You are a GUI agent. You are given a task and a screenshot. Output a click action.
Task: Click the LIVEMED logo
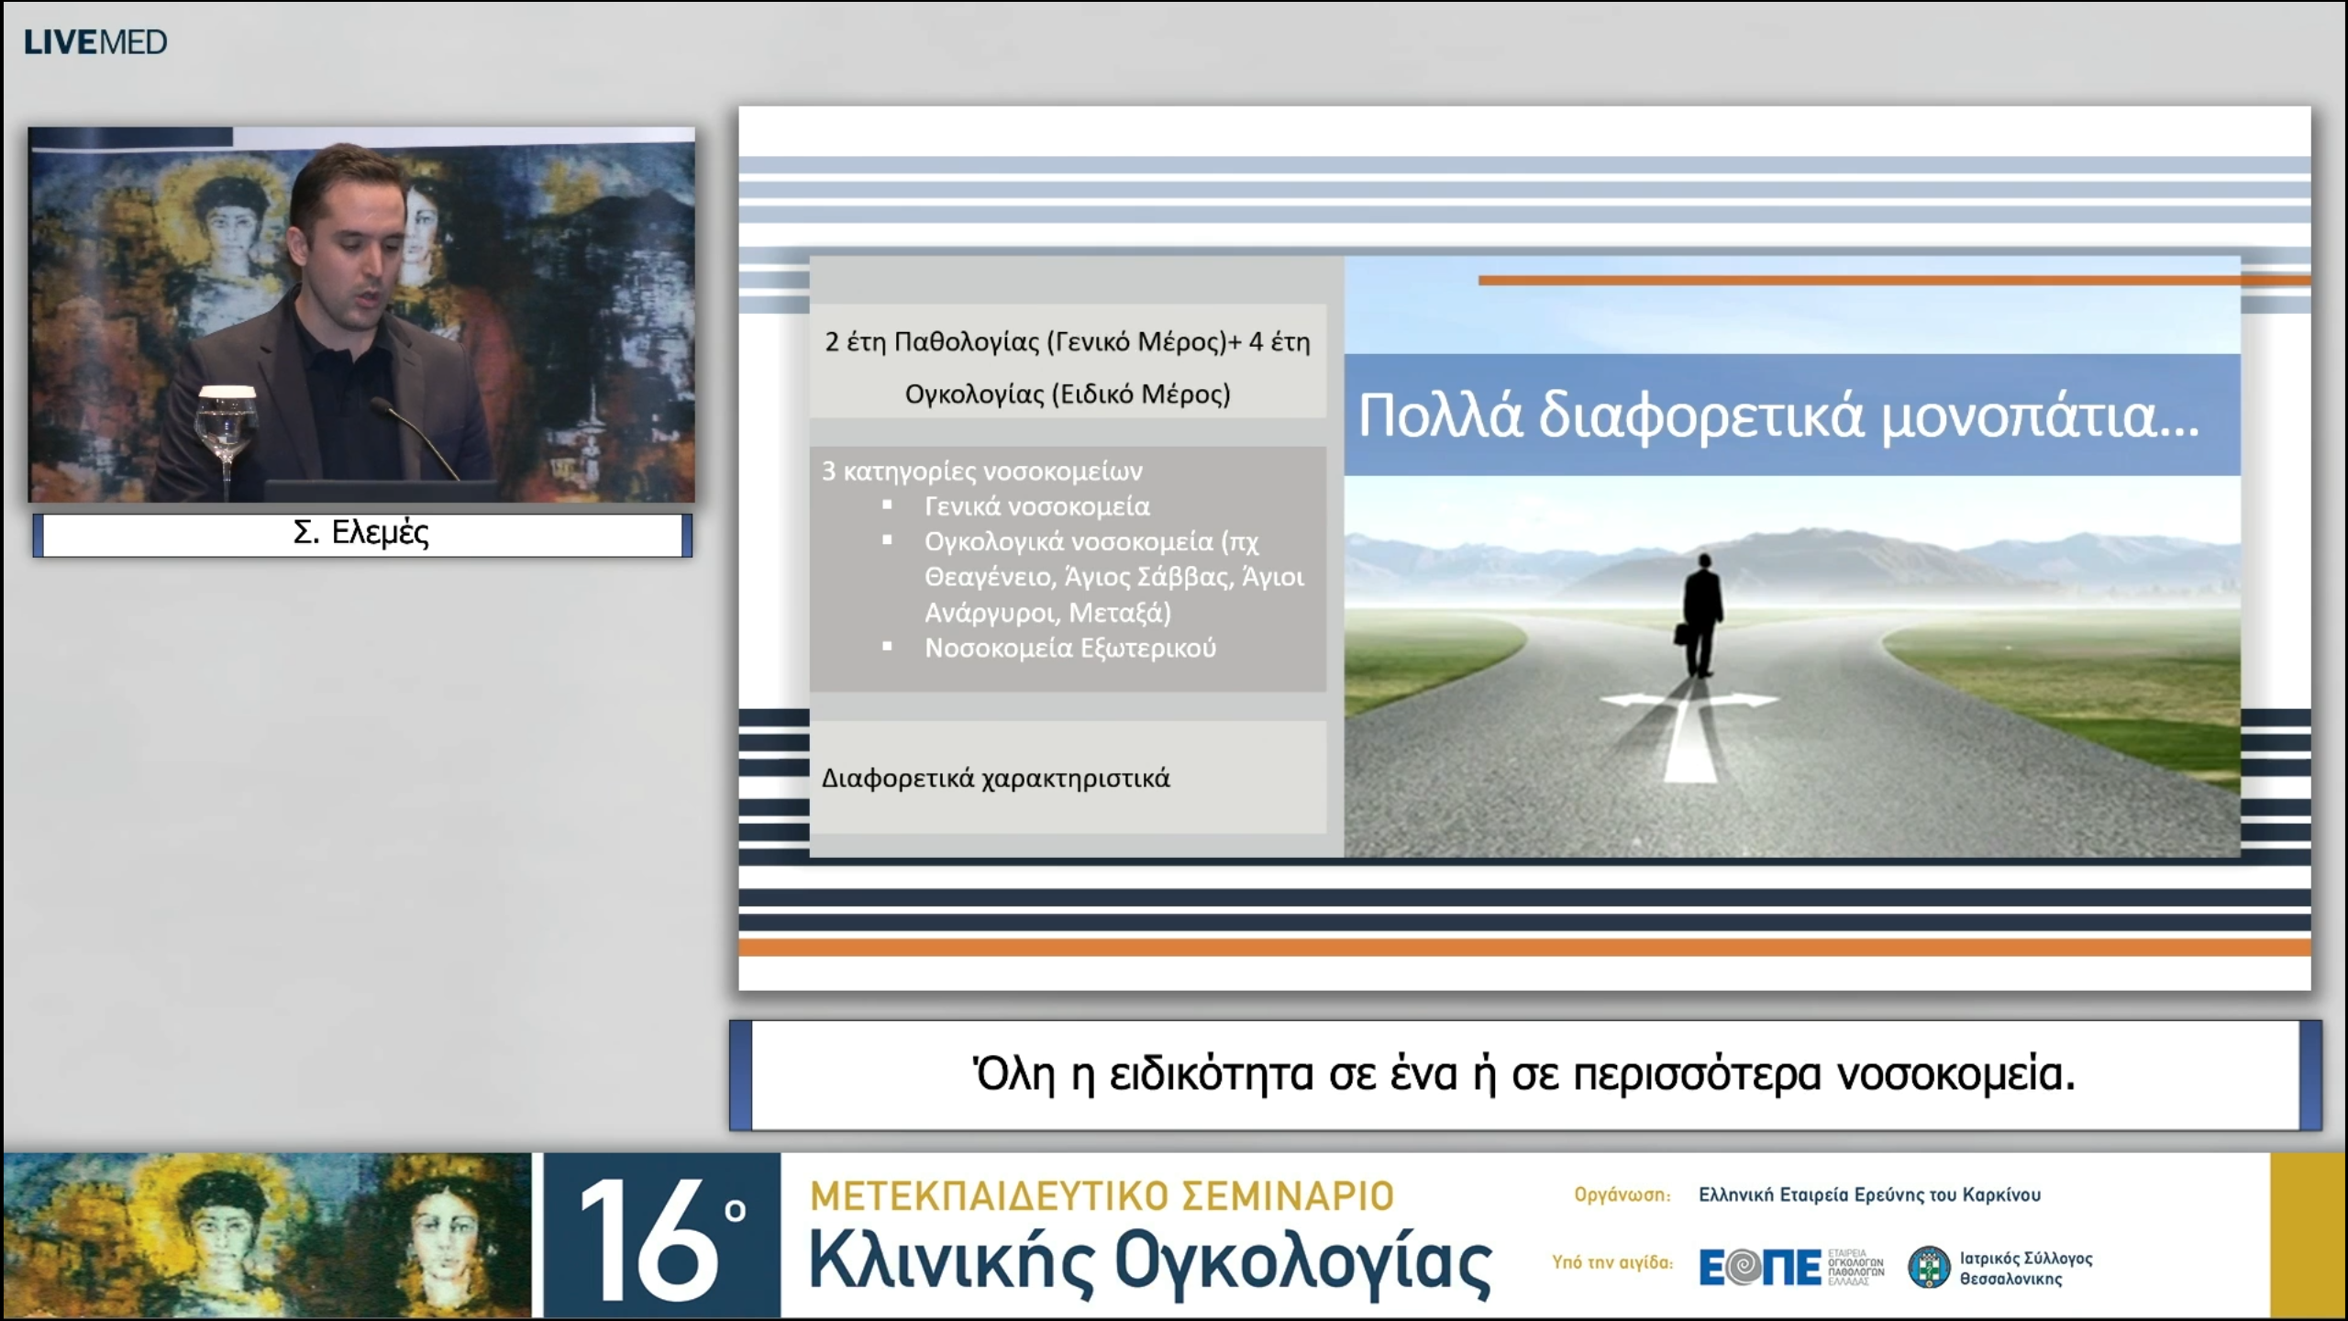pyautogui.click(x=95, y=42)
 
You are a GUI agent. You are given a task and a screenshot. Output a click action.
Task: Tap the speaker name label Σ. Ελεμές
pyautogui.click(x=360, y=533)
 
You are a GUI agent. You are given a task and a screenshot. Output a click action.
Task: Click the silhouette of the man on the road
pyautogui.click(x=1702, y=615)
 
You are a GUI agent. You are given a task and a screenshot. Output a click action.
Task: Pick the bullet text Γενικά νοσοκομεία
pyautogui.click(x=1036, y=506)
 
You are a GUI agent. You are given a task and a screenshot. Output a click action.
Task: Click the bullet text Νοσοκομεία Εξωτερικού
pyautogui.click(x=1069, y=648)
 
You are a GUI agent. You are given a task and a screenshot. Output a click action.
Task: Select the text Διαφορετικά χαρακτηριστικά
pyautogui.click(x=995, y=779)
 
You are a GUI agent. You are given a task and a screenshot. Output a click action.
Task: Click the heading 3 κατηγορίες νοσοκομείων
pyautogui.click(x=981, y=472)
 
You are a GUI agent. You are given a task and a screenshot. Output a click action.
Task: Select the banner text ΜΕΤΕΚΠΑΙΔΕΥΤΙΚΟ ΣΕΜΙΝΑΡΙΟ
pyautogui.click(x=1102, y=1196)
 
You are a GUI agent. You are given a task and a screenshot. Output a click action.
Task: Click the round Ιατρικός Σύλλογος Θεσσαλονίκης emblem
pyautogui.click(x=1928, y=1268)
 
